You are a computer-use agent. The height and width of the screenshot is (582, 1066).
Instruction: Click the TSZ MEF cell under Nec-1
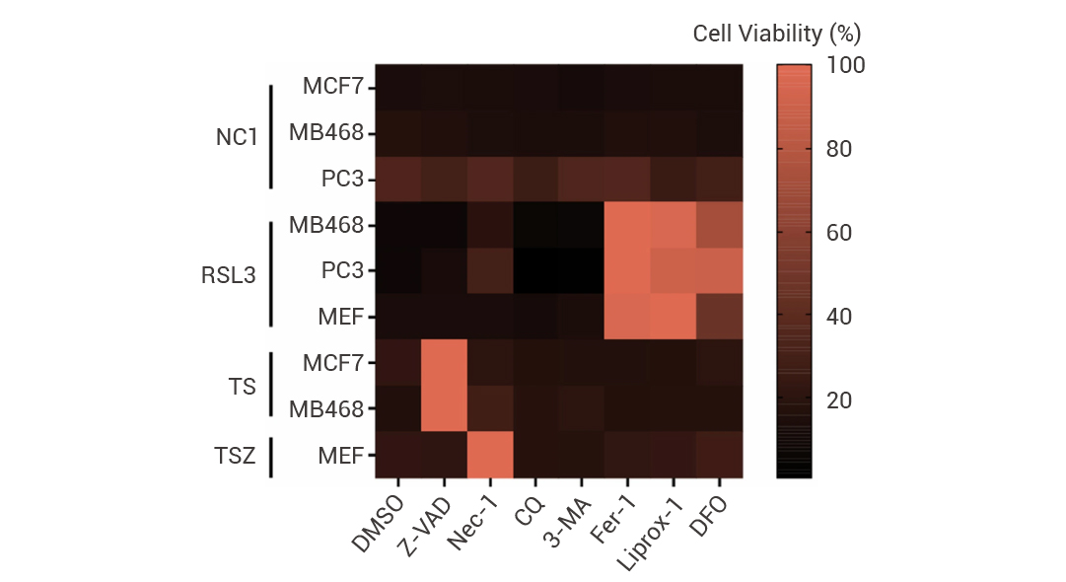pos(491,455)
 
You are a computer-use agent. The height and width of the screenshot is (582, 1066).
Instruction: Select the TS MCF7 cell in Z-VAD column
pos(445,362)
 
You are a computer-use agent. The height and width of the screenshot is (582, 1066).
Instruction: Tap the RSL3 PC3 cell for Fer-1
pos(626,270)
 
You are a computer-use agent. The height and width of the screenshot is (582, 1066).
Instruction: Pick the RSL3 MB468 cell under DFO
pos(719,225)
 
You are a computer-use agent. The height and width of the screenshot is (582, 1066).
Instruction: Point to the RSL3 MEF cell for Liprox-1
pos(673,317)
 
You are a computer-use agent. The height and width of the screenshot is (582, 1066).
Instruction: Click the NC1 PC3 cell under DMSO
pos(398,179)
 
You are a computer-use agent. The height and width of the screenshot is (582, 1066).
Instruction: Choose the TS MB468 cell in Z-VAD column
pos(445,408)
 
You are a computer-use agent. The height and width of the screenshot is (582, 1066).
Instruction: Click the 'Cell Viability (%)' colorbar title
pos(777,34)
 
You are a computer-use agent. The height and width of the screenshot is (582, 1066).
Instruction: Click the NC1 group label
pos(237,136)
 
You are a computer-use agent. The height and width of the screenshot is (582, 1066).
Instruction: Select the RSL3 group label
pos(229,274)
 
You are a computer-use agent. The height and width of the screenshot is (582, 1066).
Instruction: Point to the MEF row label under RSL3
pos(339,317)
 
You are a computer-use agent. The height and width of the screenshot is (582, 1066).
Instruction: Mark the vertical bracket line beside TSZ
pos(271,455)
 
